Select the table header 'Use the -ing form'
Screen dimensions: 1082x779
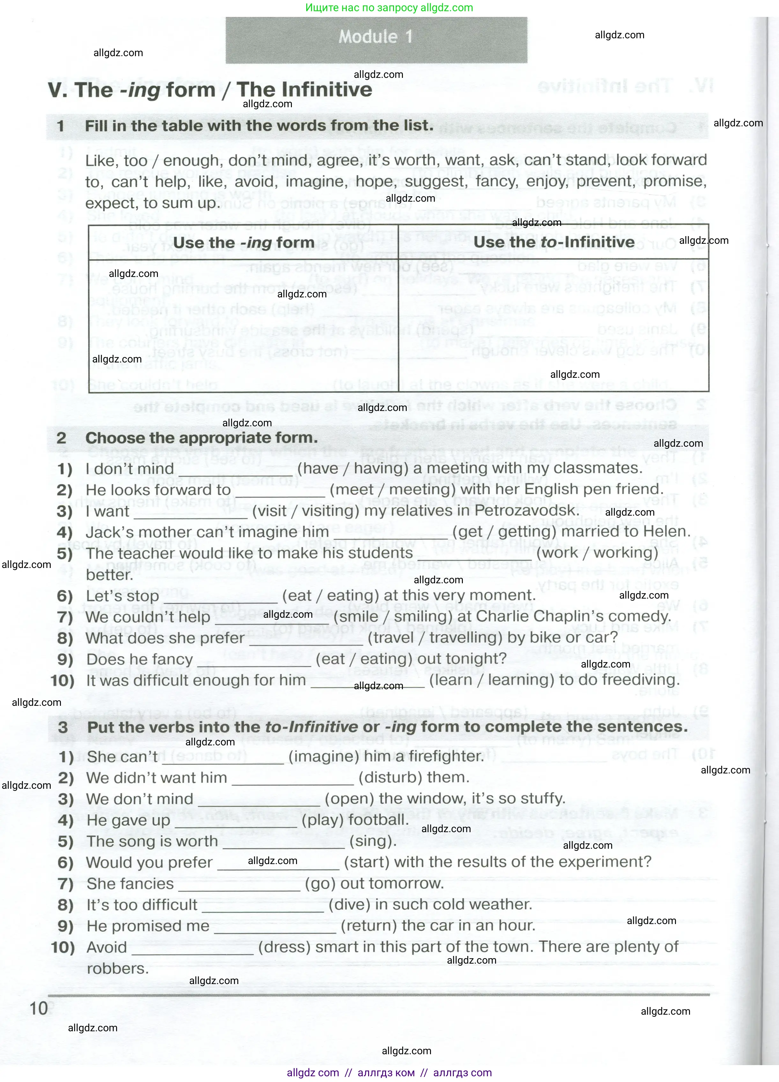(x=243, y=243)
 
